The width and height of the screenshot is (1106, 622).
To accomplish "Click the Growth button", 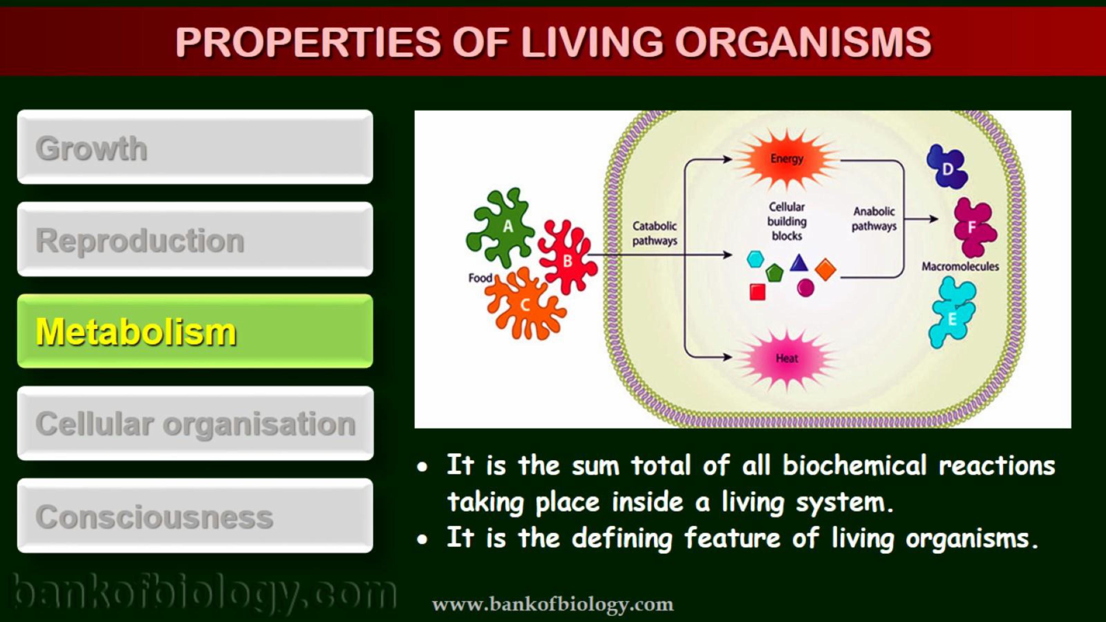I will pos(195,147).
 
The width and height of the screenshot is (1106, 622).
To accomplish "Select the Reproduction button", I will pos(195,239).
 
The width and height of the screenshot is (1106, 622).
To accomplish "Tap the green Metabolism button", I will pos(195,331).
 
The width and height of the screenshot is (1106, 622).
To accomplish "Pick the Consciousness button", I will pos(195,516).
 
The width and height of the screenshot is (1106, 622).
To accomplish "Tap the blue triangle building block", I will pos(799,263).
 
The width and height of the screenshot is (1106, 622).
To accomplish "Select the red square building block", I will pos(757,292).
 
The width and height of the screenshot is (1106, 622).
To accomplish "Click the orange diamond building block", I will pos(825,270).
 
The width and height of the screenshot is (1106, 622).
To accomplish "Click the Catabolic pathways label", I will pos(654,233).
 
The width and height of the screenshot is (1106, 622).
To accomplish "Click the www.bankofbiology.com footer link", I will pos(552,604).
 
